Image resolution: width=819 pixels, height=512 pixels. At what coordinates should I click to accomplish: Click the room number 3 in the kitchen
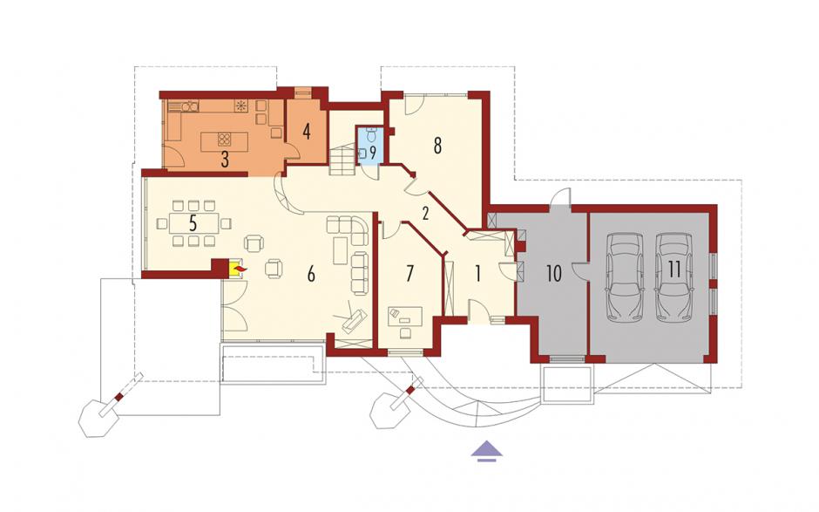pos(225,159)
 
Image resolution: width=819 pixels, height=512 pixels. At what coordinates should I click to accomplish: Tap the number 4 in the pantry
pos(307,131)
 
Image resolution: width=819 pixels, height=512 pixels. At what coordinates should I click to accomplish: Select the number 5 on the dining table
pos(193,223)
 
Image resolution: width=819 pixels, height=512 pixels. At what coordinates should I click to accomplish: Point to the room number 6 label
pos(311,274)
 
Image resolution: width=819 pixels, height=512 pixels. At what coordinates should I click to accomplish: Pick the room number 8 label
pos(437,146)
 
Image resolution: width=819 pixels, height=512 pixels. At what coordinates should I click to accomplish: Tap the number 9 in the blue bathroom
pos(373,154)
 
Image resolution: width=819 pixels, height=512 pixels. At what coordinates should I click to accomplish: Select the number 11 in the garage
pos(673,270)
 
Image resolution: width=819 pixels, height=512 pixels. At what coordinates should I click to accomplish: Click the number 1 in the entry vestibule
pos(477,274)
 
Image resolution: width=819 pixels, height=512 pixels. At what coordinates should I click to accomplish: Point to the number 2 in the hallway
pos(425,214)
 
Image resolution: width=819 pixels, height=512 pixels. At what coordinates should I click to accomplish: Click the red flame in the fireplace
pos(240,269)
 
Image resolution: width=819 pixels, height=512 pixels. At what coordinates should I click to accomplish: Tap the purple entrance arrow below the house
pos(487,450)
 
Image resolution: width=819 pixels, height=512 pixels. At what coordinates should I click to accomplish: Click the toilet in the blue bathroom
pos(372,134)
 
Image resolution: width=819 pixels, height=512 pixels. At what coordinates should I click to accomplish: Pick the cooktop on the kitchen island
pos(225,140)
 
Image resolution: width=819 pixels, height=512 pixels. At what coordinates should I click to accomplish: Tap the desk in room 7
pos(405,316)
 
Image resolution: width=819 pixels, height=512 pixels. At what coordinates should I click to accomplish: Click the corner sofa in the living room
pos(348,230)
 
